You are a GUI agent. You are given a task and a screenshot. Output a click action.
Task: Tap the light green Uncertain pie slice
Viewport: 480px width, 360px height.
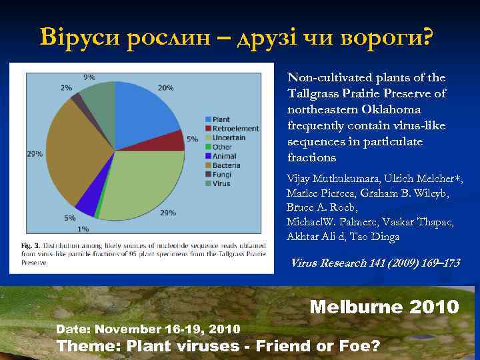tap(143, 187)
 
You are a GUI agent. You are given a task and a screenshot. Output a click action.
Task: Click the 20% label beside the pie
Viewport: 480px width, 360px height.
tap(166, 87)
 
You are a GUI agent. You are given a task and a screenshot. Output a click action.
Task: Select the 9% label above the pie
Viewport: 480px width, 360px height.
tap(89, 77)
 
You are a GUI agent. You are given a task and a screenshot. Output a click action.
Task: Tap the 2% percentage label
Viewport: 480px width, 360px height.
tap(66, 87)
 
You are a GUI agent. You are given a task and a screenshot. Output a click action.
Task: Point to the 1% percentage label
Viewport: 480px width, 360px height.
tap(83, 229)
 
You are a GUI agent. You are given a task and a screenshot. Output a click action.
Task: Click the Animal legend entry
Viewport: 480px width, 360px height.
tap(222, 156)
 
